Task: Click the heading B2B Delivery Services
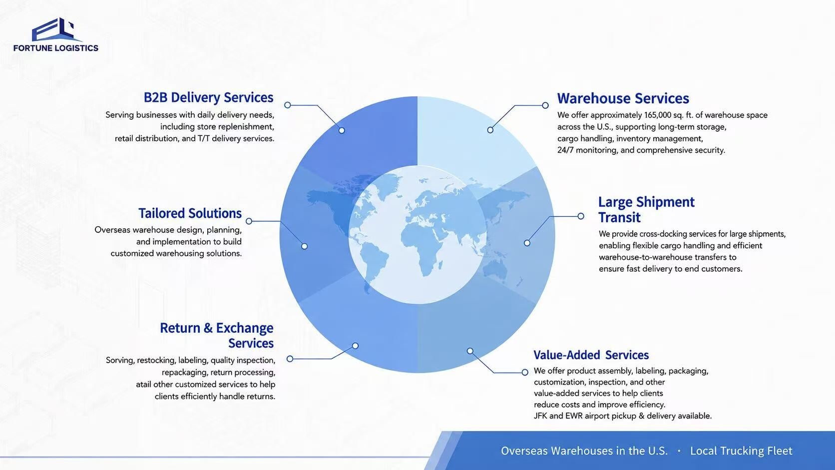[x=208, y=97]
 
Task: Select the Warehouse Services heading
[x=623, y=98]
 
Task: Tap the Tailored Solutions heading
[x=190, y=213]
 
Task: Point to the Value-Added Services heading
[x=591, y=355]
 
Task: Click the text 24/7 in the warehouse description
[x=565, y=150]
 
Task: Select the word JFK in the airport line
[x=540, y=416]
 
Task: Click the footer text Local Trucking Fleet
[x=741, y=451]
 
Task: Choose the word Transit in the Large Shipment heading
[x=619, y=217]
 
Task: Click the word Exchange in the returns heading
[x=245, y=328]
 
